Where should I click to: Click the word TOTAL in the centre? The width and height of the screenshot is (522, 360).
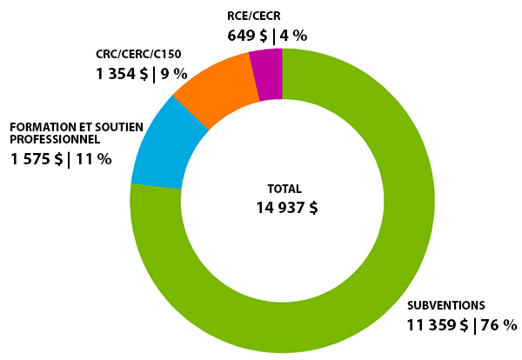(284, 188)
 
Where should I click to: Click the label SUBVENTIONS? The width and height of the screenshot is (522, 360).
(446, 306)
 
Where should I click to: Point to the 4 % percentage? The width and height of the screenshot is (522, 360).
(292, 36)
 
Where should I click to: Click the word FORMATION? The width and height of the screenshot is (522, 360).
(41, 127)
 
